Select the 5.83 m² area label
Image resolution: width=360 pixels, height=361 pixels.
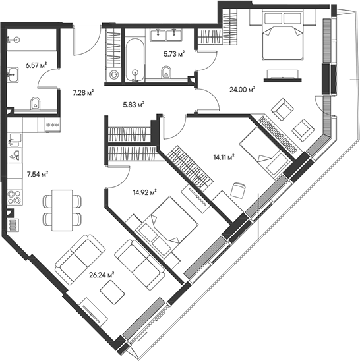133,103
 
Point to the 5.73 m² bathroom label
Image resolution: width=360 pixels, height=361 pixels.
173,54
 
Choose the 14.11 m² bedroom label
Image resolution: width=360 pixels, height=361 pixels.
223,157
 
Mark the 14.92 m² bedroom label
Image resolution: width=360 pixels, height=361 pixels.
144,192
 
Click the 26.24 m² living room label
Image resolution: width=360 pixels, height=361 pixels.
102,274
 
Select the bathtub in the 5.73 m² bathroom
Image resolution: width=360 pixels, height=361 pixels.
135,62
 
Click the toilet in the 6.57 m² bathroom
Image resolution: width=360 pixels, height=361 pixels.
36,103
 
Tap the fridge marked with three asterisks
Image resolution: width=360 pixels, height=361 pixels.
51,124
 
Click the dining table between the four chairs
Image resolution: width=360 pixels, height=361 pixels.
61,209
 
